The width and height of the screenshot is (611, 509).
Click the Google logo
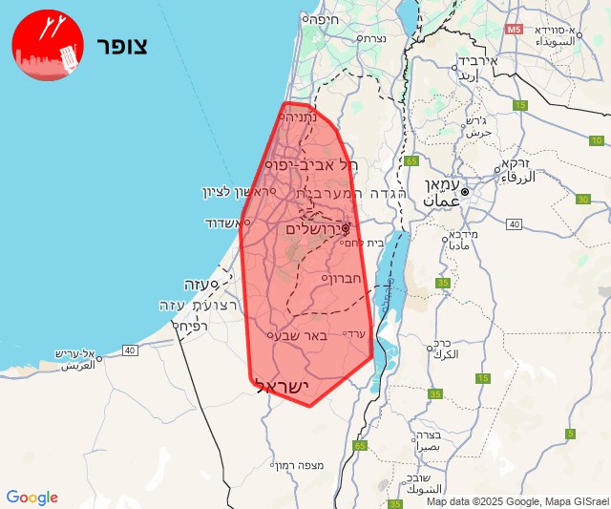point(32,498)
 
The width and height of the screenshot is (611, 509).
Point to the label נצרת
point(369,38)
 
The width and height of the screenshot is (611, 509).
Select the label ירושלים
point(316,229)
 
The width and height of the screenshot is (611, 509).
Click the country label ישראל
point(284,386)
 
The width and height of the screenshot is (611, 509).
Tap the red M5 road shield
point(515,30)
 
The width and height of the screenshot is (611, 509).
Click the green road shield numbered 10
point(597,140)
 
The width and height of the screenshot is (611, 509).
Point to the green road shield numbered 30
point(582,199)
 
